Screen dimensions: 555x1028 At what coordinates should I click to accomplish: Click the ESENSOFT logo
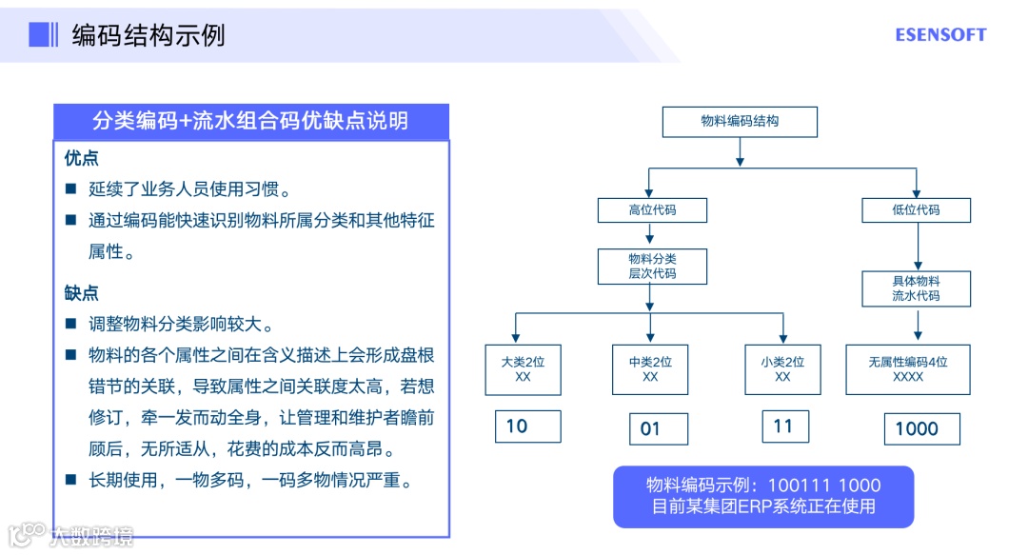(x=940, y=35)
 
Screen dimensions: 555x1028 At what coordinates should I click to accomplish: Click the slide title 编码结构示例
(x=148, y=35)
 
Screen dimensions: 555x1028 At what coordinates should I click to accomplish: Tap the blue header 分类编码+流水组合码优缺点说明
(x=250, y=121)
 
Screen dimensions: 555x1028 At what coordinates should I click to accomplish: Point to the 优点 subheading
(x=81, y=158)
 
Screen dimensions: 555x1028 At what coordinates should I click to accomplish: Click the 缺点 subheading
(x=81, y=293)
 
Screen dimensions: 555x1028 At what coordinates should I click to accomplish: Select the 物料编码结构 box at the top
(x=740, y=122)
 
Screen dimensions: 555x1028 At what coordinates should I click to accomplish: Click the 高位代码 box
(x=652, y=209)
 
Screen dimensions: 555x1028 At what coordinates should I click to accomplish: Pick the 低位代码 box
(x=916, y=209)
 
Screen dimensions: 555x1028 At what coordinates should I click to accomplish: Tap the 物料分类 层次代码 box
(x=652, y=266)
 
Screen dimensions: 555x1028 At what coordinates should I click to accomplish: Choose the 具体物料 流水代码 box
(x=916, y=288)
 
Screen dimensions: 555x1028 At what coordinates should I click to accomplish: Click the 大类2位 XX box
(x=523, y=369)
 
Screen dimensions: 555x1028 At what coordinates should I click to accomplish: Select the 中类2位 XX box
(x=650, y=369)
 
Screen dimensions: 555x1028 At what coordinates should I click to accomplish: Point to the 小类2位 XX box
(x=782, y=369)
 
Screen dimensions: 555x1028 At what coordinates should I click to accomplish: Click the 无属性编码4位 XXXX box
(x=908, y=369)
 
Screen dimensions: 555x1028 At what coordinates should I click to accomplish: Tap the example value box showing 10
(x=527, y=426)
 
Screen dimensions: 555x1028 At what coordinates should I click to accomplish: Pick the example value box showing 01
(x=658, y=428)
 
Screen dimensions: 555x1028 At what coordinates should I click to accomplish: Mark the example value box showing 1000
(x=920, y=428)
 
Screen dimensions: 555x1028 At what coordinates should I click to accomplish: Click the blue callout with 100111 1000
(x=763, y=496)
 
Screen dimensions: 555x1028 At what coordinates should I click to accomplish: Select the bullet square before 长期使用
(x=70, y=481)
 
